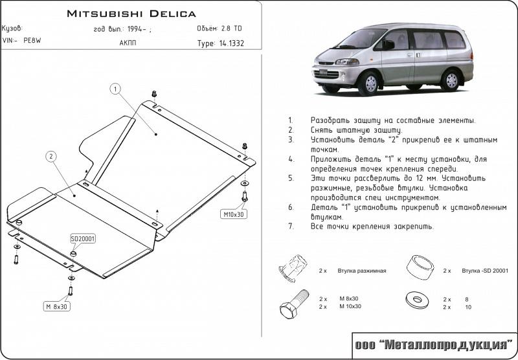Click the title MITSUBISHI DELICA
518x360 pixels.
tap(131, 13)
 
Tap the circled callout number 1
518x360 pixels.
tap(115, 89)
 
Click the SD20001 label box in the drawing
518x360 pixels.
tap(83, 239)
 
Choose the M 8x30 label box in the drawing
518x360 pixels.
tap(58, 306)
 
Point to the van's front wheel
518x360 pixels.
tap(370, 84)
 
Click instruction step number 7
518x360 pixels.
tap(291, 227)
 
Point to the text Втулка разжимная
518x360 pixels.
tap(361, 271)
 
